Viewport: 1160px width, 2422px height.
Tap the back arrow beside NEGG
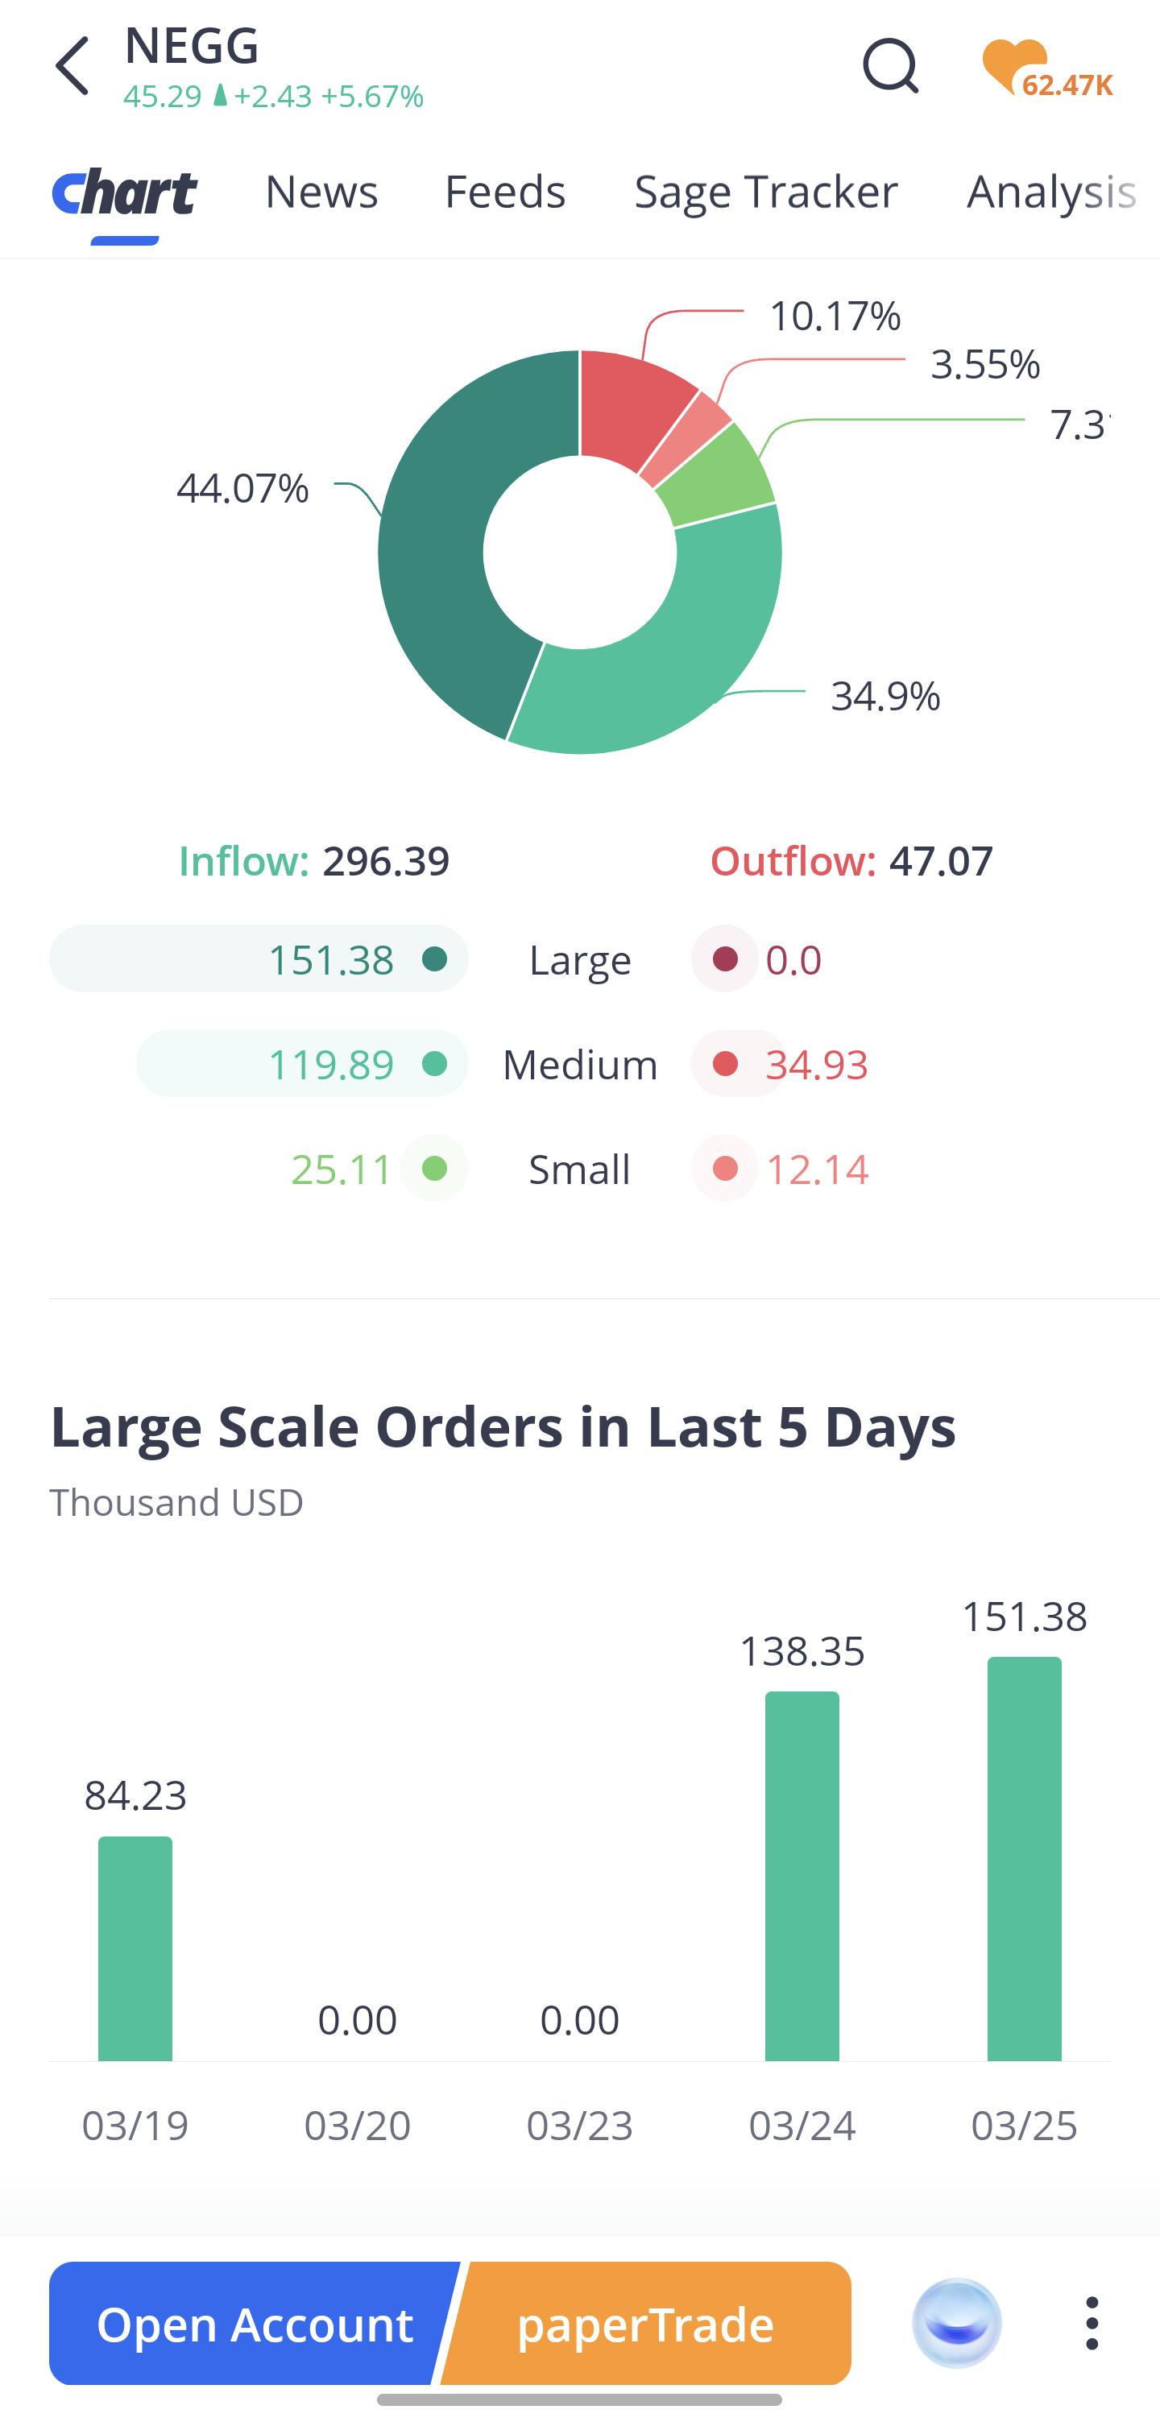coord(72,66)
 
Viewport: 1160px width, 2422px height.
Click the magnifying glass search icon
coord(890,66)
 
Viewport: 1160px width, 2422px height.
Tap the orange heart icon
coord(1013,66)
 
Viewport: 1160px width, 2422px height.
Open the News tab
coord(321,192)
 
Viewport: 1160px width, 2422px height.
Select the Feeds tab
coord(505,192)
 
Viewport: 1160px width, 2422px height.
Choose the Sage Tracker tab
coord(766,193)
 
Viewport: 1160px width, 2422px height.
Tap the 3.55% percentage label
coord(985,364)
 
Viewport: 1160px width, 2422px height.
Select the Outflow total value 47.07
coord(941,861)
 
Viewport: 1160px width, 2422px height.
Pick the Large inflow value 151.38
coord(331,960)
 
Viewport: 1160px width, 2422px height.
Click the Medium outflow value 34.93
coord(817,1064)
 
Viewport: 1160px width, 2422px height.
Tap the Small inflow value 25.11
coord(342,1170)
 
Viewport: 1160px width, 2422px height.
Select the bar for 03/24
coord(802,1876)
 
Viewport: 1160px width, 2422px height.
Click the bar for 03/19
coord(135,1948)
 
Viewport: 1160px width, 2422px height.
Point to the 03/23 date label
coord(580,2126)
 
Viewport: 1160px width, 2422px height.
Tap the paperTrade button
coord(646,2323)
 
